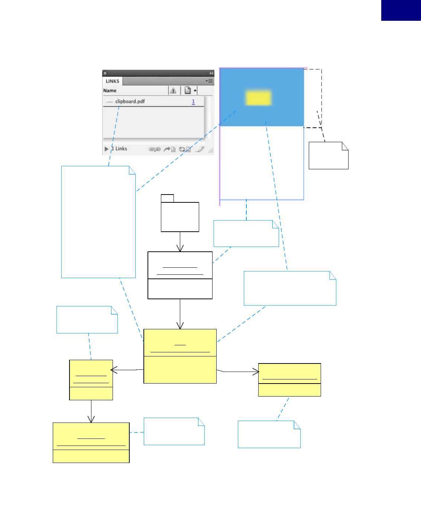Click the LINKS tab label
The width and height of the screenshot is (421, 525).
[112, 81]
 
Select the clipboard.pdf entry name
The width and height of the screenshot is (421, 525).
[130, 101]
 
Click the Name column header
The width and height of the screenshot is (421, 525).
[110, 91]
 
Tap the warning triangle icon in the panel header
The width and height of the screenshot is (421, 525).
[173, 91]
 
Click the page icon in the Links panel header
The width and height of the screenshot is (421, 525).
[188, 90]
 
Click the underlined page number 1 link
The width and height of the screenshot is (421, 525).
[193, 101]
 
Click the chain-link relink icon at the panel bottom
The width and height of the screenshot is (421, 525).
[155, 149]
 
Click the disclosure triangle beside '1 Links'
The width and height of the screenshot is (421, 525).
[107, 149]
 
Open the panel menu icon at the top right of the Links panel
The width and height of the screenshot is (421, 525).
[210, 81]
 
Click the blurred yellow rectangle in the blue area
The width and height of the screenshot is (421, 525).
[258, 97]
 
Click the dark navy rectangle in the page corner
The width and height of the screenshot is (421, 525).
[401, 10]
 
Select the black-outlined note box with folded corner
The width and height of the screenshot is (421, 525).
[328, 156]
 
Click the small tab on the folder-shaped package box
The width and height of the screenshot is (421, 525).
[167, 198]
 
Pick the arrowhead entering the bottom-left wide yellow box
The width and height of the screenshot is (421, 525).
[91, 420]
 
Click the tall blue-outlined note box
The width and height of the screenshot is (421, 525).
[98, 222]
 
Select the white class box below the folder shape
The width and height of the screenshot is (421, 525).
[180, 275]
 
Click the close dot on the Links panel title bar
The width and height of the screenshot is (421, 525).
[105, 73]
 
